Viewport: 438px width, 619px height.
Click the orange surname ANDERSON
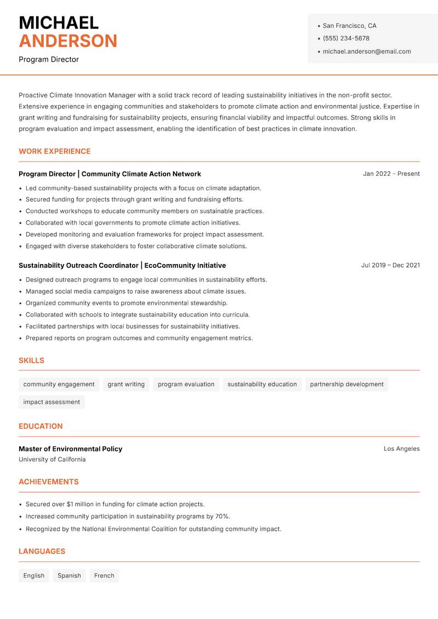[68, 41]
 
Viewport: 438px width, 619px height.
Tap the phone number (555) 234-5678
[346, 38]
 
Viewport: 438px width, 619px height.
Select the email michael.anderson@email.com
[367, 51]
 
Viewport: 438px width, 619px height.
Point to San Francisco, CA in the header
[349, 26]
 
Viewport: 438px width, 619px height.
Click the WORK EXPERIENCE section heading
[55, 151]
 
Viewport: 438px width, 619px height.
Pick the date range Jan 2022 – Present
[391, 174]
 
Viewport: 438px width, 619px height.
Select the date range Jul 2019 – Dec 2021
[390, 265]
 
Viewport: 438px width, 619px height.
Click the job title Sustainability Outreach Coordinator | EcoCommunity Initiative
[122, 265]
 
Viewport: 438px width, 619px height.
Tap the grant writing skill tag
[126, 384]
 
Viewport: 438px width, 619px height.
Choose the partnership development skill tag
[347, 384]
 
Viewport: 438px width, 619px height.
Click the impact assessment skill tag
[51, 402]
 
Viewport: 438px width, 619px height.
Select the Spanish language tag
[69, 575]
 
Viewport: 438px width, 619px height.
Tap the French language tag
[104, 575]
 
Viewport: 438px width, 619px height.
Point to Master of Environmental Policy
[71, 449]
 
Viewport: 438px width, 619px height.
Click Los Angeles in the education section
[401, 449]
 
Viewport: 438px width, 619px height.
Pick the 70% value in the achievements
[222, 516]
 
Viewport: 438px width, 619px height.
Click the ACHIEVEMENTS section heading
[49, 482]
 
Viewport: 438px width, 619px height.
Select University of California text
[52, 460]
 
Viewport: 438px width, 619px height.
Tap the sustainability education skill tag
[262, 384]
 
